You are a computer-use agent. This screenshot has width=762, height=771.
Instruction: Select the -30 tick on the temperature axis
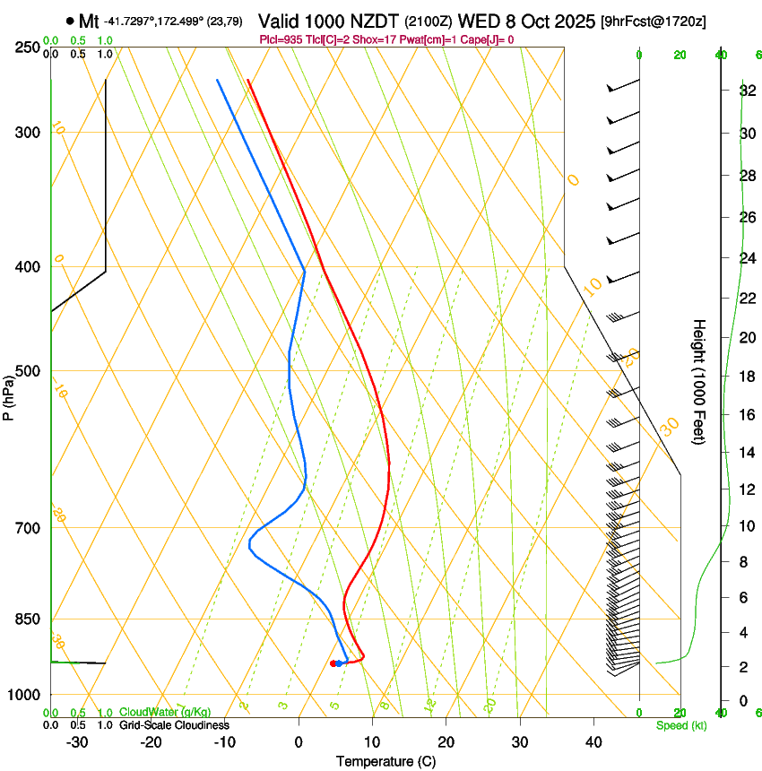pos(77,741)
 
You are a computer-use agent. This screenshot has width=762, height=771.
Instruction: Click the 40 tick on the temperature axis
pos(593,741)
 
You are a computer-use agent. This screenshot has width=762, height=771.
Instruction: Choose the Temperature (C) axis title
pos(385,761)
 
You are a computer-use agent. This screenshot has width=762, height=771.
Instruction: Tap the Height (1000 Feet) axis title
pos(700,382)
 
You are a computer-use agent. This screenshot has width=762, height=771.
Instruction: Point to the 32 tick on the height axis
pos(746,91)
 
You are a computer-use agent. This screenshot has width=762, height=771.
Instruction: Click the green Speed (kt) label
pos(681,725)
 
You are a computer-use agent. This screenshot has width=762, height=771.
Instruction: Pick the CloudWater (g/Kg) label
pos(165,712)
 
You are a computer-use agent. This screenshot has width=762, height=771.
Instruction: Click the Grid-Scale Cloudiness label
pos(174,724)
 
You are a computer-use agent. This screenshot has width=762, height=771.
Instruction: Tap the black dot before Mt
pos(70,20)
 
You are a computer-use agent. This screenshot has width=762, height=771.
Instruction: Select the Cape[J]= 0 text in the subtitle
pos(486,39)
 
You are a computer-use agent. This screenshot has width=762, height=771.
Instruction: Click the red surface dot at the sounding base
pos(333,663)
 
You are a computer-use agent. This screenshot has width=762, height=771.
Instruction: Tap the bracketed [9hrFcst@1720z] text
pos(654,21)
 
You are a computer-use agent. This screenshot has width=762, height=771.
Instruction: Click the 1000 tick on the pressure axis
pos(30,695)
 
